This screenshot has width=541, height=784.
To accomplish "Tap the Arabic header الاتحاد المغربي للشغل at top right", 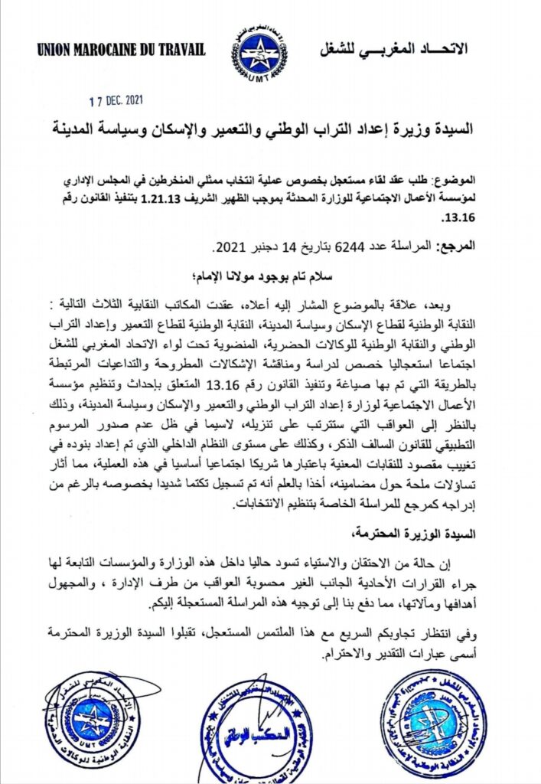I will [392, 50].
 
